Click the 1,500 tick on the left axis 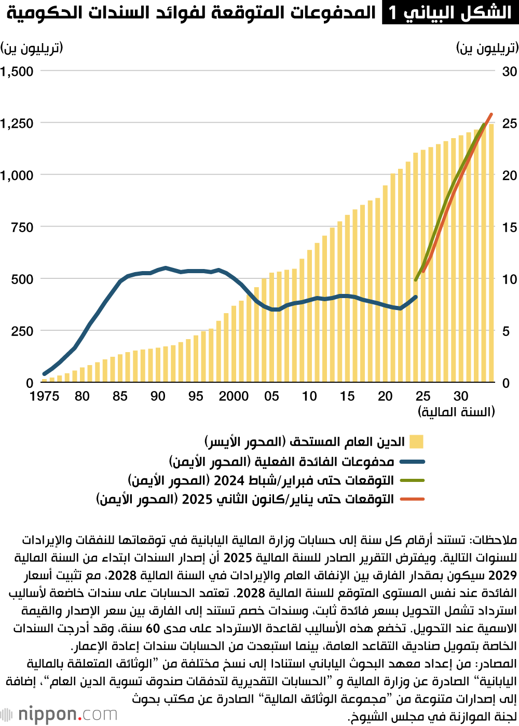click(x=17, y=72)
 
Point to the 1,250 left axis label click(x=17, y=124)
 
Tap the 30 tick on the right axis click(x=509, y=72)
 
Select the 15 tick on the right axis click(x=509, y=227)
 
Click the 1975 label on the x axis click(x=44, y=396)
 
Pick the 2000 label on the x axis click(x=234, y=396)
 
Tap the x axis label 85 click(x=120, y=396)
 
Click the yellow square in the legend click(x=416, y=442)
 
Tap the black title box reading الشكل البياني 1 click(x=450, y=12)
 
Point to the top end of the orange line click(x=491, y=114)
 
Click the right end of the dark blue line click(x=416, y=297)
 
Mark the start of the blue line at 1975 click(x=44, y=374)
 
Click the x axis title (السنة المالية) click(x=456, y=412)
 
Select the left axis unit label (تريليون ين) click(x=32, y=48)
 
